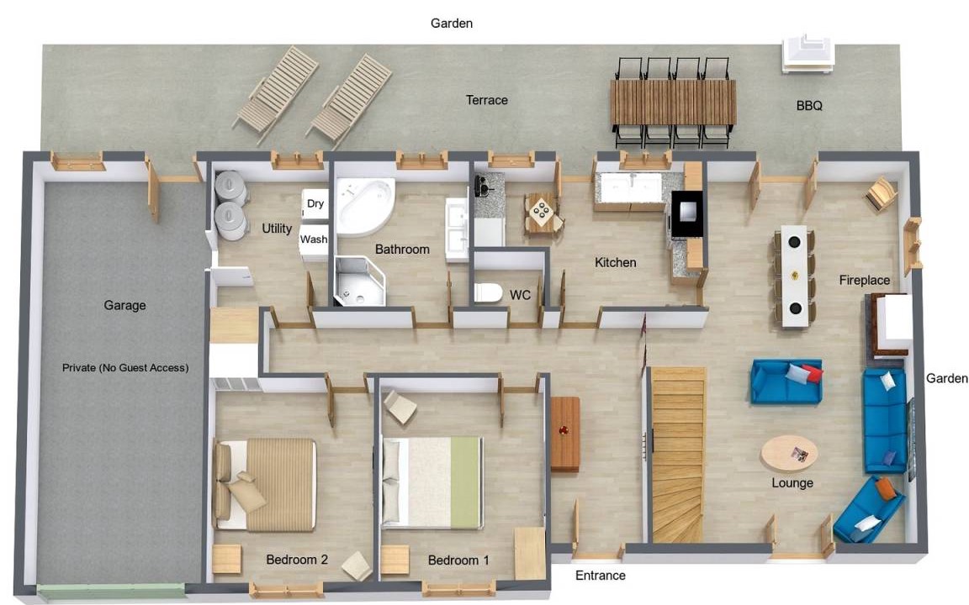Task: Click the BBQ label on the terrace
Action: pyautogui.click(x=809, y=106)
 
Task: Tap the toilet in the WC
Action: pyautogui.click(x=488, y=292)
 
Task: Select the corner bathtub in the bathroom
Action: pyautogui.click(x=364, y=208)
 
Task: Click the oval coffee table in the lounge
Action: pyautogui.click(x=788, y=454)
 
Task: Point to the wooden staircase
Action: pyautogui.click(x=678, y=455)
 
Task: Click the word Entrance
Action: pyautogui.click(x=600, y=576)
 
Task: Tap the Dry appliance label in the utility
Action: pyautogui.click(x=315, y=203)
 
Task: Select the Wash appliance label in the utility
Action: pyautogui.click(x=313, y=239)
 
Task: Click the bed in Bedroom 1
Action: pyautogui.click(x=432, y=483)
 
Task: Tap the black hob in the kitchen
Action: pyautogui.click(x=687, y=213)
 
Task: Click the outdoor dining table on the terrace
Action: pyautogui.click(x=673, y=103)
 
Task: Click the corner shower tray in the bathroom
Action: pyautogui.click(x=359, y=281)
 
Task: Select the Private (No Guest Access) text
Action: pyautogui.click(x=124, y=368)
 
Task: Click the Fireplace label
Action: pyautogui.click(x=864, y=281)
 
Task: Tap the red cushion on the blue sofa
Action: pyautogui.click(x=813, y=372)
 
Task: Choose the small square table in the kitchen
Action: pyautogui.click(x=543, y=212)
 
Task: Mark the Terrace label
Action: pyautogui.click(x=486, y=100)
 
